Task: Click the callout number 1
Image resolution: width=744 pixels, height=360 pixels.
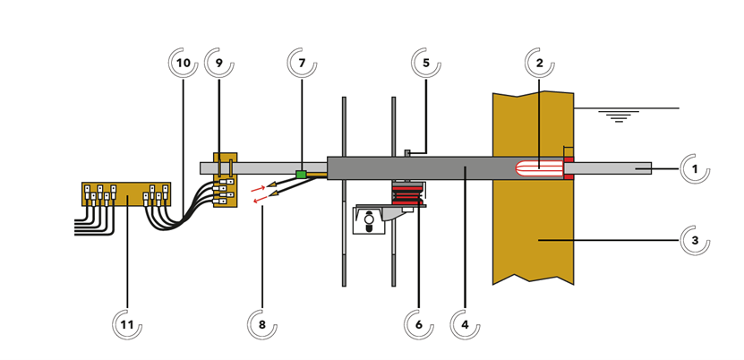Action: pyautogui.click(x=695, y=168)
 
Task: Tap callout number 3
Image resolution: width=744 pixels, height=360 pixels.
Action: pyautogui.click(x=695, y=241)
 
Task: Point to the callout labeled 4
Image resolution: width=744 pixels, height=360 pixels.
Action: pyautogui.click(x=465, y=325)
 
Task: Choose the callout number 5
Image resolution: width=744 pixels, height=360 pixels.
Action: pyautogui.click(x=426, y=64)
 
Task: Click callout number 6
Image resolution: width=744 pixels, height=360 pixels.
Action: pyautogui.click(x=418, y=325)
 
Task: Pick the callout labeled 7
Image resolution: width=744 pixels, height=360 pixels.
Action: pyautogui.click(x=302, y=64)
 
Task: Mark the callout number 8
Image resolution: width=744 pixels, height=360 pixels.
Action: pyautogui.click(x=262, y=325)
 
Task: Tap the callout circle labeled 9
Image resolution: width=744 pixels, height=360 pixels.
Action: pyautogui.click(x=219, y=64)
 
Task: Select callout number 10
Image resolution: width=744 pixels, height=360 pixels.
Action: pyautogui.click(x=184, y=64)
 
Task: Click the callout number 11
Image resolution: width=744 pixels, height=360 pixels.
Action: pyautogui.click(x=127, y=325)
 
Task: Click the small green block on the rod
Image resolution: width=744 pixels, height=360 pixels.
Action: pyautogui.click(x=301, y=175)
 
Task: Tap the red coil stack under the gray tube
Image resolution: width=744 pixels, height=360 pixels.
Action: pyautogui.click(x=408, y=194)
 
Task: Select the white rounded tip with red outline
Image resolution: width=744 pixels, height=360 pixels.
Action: pyautogui.click(x=538, y=167)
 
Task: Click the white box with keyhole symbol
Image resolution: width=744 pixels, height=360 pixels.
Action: pyautogui.click(x=369, y=221)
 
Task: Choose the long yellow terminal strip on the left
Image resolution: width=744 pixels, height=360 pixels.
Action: pyautogui.click(x=125, y=193)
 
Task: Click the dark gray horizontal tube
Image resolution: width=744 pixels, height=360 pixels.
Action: pyautogui.click(x=412, y=167)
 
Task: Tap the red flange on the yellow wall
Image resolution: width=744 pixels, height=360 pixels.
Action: pyautogui.click(x=568, y=167)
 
